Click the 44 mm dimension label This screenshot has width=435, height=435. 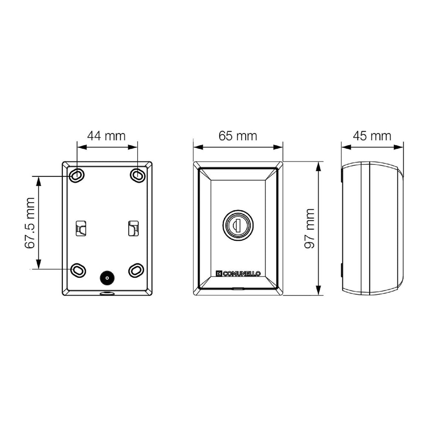(106, 136)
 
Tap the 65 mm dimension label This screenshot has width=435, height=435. (238, 136)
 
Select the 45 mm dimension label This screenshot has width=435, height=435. (372, 136)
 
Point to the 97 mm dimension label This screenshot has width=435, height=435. (310, 228)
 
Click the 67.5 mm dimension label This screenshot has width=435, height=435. (30, 223)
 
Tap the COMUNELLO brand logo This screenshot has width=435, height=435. (238, 274)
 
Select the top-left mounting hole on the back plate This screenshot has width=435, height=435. (77, 175)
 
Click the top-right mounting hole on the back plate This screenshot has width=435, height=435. (137, 175)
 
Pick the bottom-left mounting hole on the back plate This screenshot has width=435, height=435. (78, 270)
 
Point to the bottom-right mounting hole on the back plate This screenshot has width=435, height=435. (136, 270)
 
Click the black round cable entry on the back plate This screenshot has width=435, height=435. (107, 277)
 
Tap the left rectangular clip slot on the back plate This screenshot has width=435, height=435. (81, 228)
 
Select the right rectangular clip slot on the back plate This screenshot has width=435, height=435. (133, 228)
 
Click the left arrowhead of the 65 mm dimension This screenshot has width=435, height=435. (198, 147)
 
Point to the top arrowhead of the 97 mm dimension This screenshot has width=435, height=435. (319, 167)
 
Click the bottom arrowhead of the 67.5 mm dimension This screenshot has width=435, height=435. (39, 264)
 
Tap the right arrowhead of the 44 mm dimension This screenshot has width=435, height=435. (133, 147)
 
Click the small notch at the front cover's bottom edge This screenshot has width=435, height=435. (238, 288)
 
